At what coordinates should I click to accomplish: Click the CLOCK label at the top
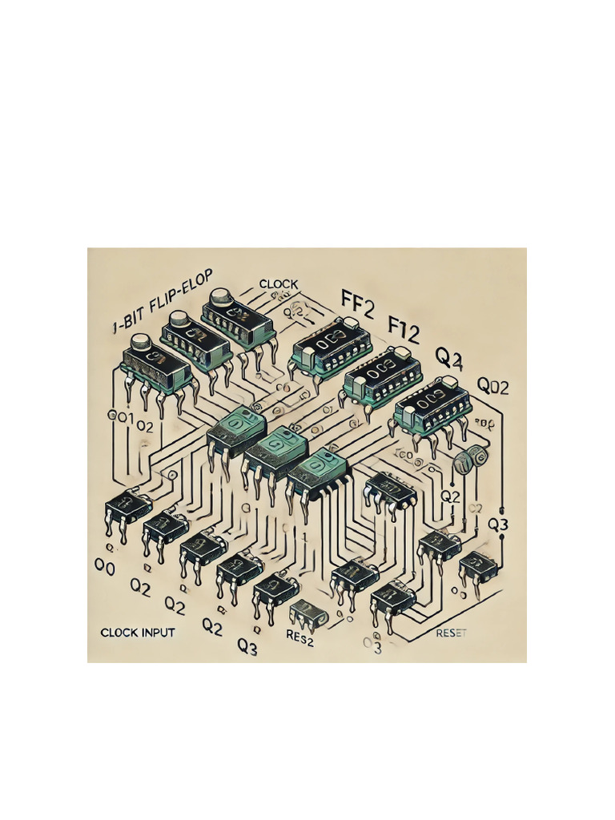pyautogui.click(x=279, y=284)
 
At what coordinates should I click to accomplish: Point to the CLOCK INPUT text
pyautogui.click(x=138, y=633)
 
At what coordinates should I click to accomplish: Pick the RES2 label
pyautogui.click(x=303, y=637)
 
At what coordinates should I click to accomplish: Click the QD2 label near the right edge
pyautogui.click(x=493, y=385)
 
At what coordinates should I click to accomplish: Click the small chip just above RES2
pyautogui.click(x=307, y=613)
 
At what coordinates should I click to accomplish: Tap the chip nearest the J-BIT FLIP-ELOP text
pyautogui.click(x=155, y=367)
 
